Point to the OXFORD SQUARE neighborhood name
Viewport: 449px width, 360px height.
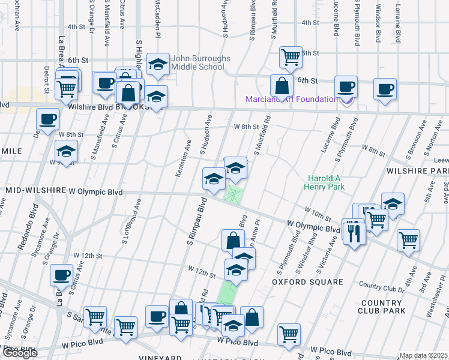307,281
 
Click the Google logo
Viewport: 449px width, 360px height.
19,352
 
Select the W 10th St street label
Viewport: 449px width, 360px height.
318,213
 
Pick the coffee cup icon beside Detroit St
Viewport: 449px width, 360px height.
47,118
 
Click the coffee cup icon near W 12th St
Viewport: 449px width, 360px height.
61,274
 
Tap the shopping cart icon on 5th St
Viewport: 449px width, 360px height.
291,57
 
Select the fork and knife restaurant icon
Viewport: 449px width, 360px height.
354,230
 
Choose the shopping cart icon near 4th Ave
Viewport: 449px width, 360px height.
408,240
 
